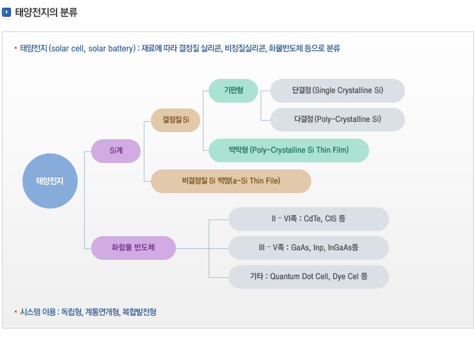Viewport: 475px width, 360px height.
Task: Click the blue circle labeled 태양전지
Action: tap(49, 180)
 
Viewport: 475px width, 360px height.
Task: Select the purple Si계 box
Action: tap(116, 151)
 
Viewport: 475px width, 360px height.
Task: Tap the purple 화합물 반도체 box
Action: tap(133, 248)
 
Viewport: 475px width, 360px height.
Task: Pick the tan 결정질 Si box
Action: tap(175, 120)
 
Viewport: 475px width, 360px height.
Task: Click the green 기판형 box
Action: tap(233, 90)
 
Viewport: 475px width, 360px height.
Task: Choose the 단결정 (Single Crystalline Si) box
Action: tap(337, 90)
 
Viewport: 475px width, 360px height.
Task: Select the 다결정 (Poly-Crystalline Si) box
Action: tap(337, 119)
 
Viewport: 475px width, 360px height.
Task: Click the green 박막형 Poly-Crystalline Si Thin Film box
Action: tap(289, 150)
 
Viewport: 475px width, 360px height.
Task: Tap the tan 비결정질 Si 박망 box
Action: tap(231, 181)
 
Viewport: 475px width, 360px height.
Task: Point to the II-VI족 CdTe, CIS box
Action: tap(308, 219)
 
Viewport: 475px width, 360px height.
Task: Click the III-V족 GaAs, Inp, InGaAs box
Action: tap(308, 248)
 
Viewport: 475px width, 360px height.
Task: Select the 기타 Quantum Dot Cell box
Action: tap(308, 277)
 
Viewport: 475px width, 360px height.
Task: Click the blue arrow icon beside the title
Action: tap(7, 12)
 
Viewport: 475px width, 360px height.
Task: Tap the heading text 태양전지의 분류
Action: tap(46, 12)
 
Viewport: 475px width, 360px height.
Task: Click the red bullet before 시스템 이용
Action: tap(15, 311)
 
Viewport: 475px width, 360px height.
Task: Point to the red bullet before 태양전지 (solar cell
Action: tap(15, 47)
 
